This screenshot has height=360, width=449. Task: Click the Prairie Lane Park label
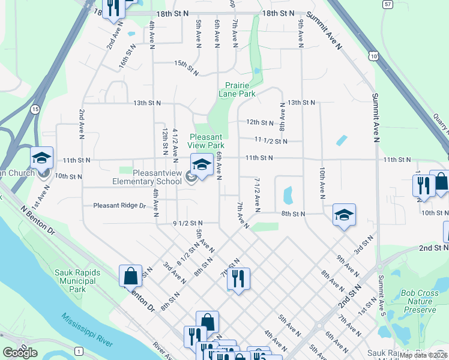(x=240, y=89)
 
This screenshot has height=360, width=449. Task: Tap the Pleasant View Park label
(x=207, y=141)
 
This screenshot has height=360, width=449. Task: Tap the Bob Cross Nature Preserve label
(x=419, y=302)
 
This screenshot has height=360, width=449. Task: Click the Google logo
(x=20, y=353)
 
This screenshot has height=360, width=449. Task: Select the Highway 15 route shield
(x=36, y=109)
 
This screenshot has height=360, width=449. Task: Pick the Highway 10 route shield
(x=374, y=56)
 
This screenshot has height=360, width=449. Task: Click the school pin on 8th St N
(x=344, y=215)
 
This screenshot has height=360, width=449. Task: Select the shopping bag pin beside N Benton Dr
(x=130, y=277)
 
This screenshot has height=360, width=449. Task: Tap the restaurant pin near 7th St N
(x=238, y=278)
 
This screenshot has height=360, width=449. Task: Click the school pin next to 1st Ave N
(x=41, y=158)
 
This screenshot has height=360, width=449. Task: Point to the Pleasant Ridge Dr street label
(x=120, y=206)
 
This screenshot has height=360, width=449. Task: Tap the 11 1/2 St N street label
(x=271, y=141)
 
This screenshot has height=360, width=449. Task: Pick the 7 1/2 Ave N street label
(x=256, y=194)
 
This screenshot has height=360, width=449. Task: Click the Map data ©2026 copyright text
(x=423, y=355)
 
